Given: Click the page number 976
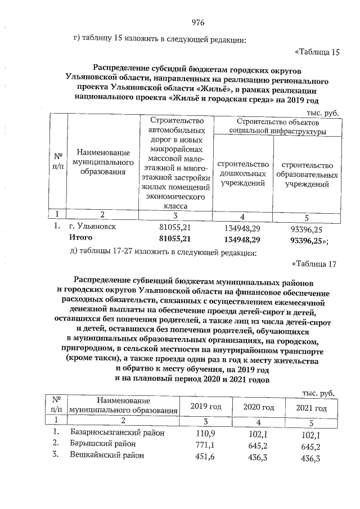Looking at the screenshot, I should pos(197,22).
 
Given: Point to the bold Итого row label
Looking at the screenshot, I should pos(80,239).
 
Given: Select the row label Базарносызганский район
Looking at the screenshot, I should pos(118,433).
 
